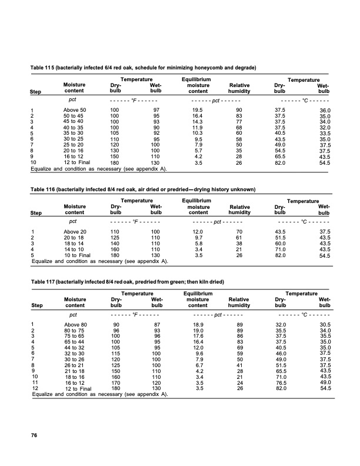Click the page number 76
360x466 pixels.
click(34, 435)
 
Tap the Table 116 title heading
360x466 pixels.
click(144, 189)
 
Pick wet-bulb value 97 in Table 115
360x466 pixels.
click(155, 111)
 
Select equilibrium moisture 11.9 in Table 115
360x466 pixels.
click(194, 127)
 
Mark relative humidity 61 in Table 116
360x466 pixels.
click(239, 238)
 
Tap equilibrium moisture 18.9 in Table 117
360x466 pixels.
click(194, 325)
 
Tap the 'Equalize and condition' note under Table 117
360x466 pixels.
click(99, 395)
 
